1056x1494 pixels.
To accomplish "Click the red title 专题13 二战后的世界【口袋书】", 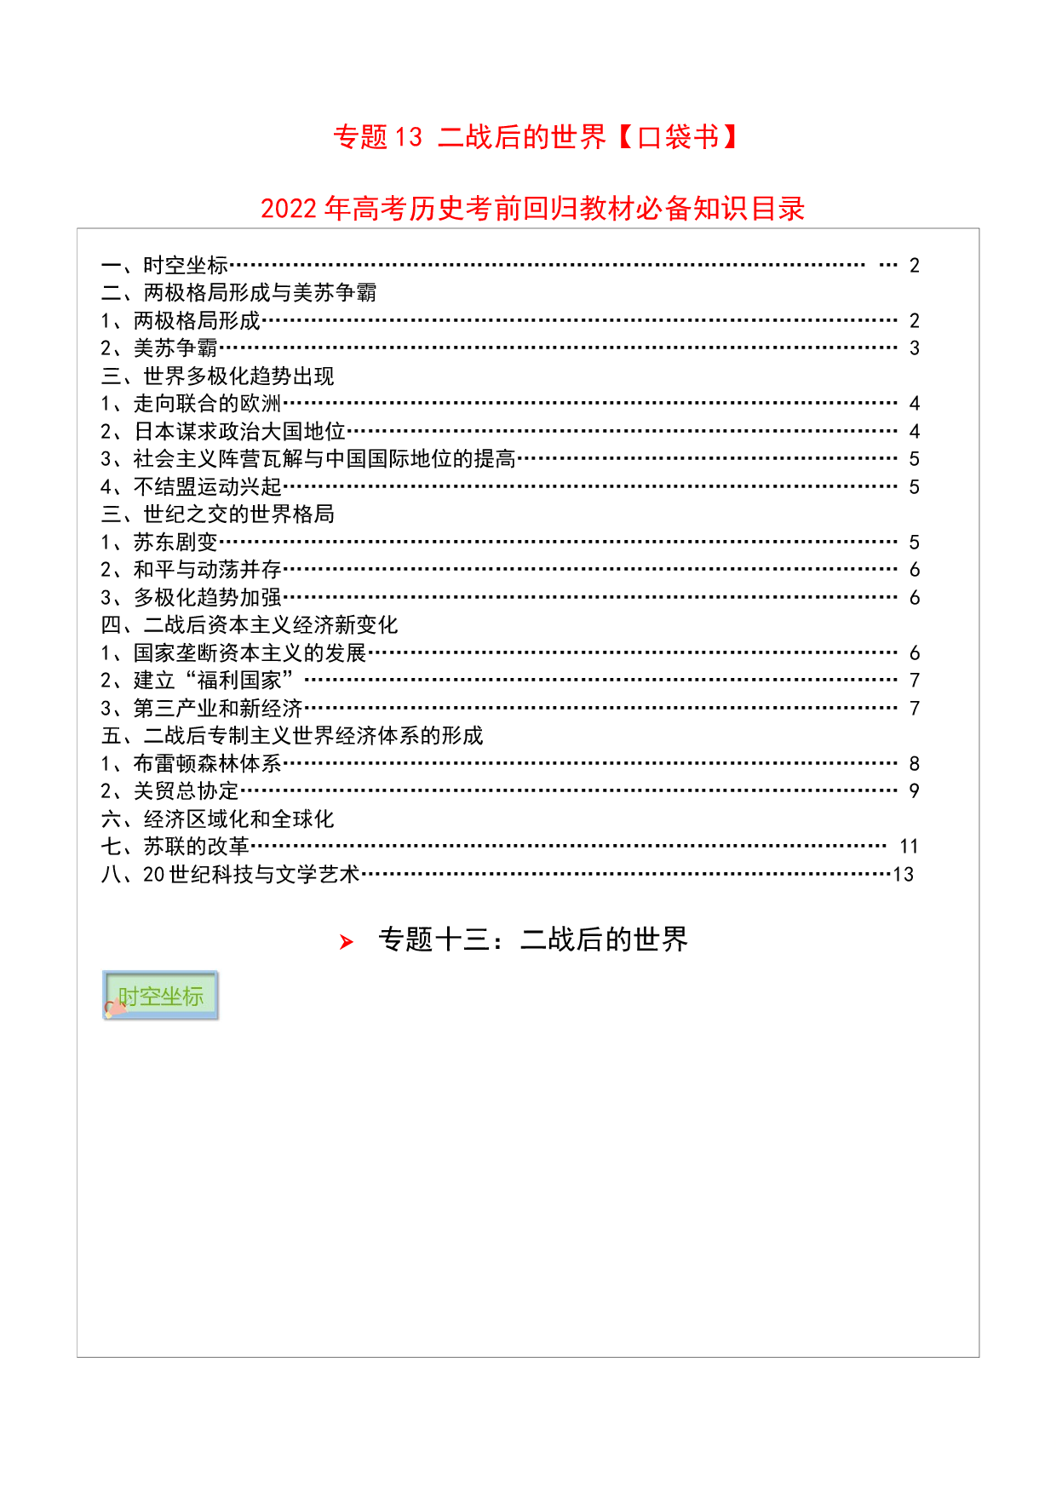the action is pyautogui.click(x=536, y=137).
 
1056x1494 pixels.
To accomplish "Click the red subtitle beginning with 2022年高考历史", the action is pyautogui.click(x=532, y=209).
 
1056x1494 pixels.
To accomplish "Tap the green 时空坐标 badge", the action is pyautogui.click(x=161, y=995).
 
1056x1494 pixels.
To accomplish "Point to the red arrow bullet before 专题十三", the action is pyautogui.click(x=346, y=941).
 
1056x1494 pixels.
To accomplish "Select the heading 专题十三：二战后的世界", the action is pyautogui.click(x=533, y=939).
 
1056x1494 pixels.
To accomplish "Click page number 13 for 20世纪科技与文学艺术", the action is pyautogui.click(x=903, y=875).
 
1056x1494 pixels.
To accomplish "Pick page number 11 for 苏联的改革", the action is pyautogui.click(x=909, y=847).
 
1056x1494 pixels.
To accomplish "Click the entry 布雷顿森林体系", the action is pyautogui.click(x=207, y=763).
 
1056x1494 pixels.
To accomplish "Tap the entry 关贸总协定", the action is pyautogui.click(x=186, y=791).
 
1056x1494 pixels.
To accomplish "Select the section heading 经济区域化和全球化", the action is pyautogui.click(x=238, y=819).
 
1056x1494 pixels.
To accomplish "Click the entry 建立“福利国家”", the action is pyautogui.click(x=214, y=681).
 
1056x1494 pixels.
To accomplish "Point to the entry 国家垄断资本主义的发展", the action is pyautogui.click(x=250, y=653).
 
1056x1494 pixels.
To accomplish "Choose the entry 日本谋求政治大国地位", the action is pyautogui.click(x=239, y=432).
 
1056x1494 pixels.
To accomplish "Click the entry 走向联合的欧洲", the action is pyautogui.click(x=207, y=404).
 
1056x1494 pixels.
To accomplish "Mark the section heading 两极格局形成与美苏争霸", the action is pyautogui.click(x=260, y=293).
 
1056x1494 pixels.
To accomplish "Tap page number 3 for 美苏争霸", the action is pyautogui.click(x=915, y=348).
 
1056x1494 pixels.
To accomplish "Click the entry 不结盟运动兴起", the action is pyautogui.click(x=207, y=487).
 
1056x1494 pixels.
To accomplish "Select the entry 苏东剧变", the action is pyautogui.click(x=175, y=543).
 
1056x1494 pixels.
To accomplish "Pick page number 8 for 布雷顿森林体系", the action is pyautogui.click(x=915, y=764).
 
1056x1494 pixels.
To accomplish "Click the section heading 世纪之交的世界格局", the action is pyautogui.click(x=238, y=514).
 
